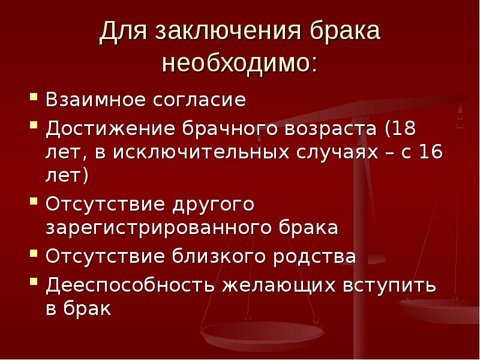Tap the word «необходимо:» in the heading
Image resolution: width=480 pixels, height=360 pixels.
(239, 62)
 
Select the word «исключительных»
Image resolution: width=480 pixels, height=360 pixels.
(193, 152)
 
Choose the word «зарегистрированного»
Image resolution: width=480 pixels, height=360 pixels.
(158, 228)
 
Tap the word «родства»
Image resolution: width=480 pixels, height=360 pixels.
(316, 256)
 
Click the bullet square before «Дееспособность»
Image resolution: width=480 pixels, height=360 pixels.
(34, 281)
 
